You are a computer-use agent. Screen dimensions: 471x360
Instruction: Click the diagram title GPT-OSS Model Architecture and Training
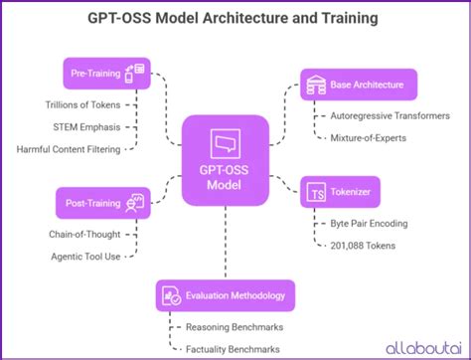235,18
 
